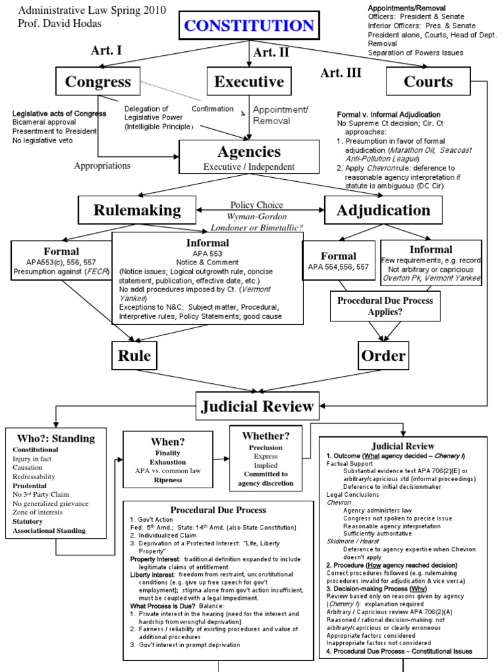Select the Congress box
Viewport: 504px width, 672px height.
tap(98, 82)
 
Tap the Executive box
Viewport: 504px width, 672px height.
tap(249, 82)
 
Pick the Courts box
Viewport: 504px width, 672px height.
tap(429, 82)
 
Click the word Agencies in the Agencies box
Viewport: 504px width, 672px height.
tap(249, 152)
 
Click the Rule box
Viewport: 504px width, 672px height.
tap(134, 356)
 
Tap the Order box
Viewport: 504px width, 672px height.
tap(383, 356)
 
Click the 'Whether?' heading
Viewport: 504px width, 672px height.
tap(266, 435)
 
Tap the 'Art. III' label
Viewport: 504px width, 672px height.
tap(341, 73)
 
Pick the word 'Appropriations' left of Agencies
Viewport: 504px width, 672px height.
tap(102, 165)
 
